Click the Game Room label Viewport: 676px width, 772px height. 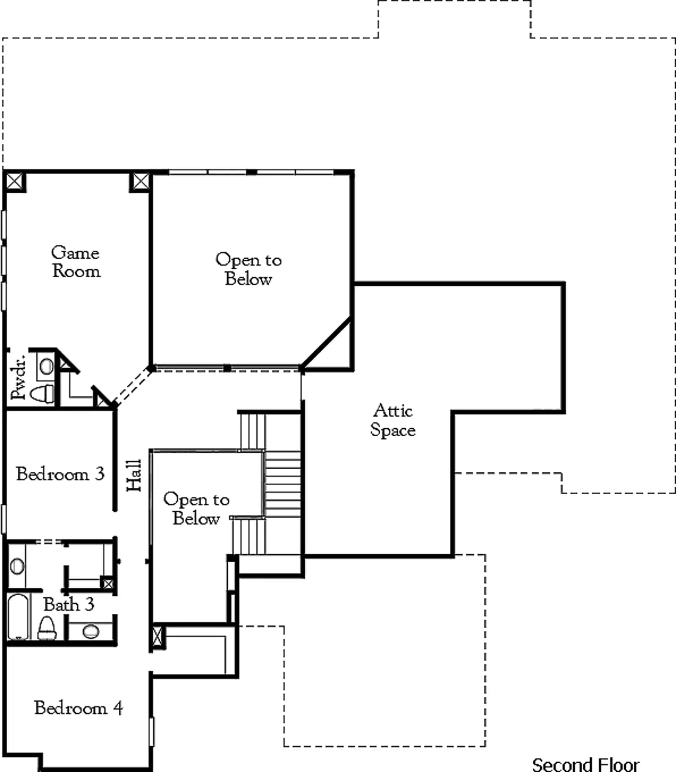(76, 262)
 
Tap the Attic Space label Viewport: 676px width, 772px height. (393, 420)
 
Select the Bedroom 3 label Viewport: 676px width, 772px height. (60, 474)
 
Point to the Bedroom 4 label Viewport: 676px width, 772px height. (79, 708)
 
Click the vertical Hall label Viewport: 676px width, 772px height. (134, 476)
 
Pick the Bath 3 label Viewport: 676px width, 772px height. (68, 604)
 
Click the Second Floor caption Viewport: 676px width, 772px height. (585, 764)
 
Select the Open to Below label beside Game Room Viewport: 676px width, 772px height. (248, 269)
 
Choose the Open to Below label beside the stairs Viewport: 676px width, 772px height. (196, 508)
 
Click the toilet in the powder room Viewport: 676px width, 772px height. (42, 394)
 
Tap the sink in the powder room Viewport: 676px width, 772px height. (46, 366)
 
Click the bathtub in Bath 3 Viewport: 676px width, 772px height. (18, 617)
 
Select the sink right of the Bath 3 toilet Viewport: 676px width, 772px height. (91, 632)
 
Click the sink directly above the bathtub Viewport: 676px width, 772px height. (17, 566)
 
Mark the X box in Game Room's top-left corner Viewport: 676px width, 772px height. (14, 181)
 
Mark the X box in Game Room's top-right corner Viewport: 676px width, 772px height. (141, 181)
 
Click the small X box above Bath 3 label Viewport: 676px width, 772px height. (108, 584)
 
